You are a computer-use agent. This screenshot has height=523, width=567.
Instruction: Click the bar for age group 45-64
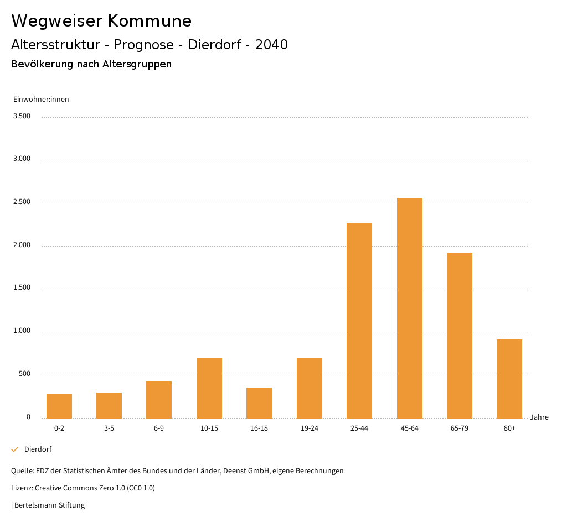410,308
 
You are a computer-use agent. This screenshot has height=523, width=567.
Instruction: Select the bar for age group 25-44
359,320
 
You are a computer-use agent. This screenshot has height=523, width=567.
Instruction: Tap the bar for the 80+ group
509,379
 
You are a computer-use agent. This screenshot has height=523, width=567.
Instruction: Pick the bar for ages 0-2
59,406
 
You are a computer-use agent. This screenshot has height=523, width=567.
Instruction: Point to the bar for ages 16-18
259,402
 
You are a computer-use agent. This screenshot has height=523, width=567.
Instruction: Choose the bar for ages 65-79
460,335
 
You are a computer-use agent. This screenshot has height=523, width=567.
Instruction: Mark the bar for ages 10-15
209,388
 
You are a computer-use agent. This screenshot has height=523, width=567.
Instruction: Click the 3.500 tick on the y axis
21,116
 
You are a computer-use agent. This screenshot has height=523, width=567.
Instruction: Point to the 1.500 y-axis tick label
21,288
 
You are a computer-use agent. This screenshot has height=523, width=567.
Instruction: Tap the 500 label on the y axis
24,374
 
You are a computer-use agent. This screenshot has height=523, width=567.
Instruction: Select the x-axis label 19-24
309,428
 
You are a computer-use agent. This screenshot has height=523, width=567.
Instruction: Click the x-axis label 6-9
159,428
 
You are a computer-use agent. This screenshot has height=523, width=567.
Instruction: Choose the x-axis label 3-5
109,428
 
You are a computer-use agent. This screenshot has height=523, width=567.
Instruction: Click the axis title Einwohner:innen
41,100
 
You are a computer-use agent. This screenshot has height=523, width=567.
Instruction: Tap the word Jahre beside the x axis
539,417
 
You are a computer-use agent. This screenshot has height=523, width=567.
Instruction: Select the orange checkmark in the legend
15,449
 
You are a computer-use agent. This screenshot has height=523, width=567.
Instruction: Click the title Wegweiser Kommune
101,21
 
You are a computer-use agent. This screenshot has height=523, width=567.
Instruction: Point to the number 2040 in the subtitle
271,45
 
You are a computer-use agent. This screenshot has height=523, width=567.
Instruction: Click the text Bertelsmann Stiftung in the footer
49,505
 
